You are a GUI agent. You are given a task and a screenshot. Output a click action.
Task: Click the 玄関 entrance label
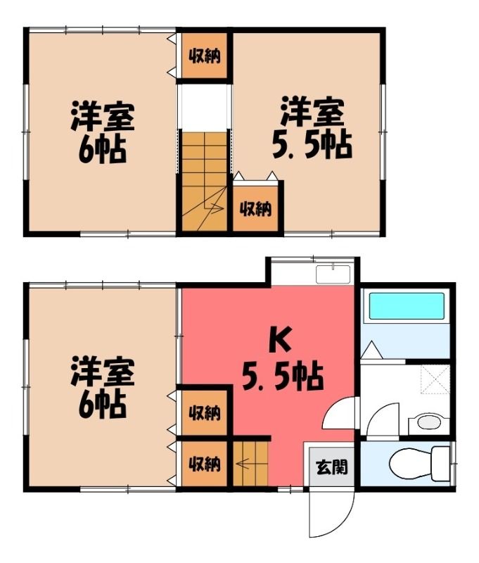click(331, 467)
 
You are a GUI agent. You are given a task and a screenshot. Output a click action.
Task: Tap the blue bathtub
click(407, 305)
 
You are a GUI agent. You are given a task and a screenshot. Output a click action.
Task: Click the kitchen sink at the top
click(333, 274)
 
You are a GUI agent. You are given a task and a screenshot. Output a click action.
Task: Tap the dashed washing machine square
click(435, 379)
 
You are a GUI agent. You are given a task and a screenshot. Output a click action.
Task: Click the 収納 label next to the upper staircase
click(255, 208)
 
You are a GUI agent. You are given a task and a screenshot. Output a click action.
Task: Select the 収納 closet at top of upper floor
click(205, 56)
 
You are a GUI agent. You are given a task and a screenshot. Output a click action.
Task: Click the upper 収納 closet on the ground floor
click(205, 413)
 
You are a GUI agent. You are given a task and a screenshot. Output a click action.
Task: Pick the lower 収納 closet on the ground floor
click(205, 464)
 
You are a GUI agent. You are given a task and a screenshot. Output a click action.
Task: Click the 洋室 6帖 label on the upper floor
click(102, 132)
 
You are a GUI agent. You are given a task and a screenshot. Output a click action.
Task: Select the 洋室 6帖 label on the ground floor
click(102, 387)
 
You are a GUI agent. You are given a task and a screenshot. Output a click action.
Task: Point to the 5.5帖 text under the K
click(283, 377)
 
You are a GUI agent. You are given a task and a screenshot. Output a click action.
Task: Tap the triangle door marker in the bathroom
click(371, 350)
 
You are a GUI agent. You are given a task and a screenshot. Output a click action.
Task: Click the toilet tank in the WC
click(440, 463)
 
